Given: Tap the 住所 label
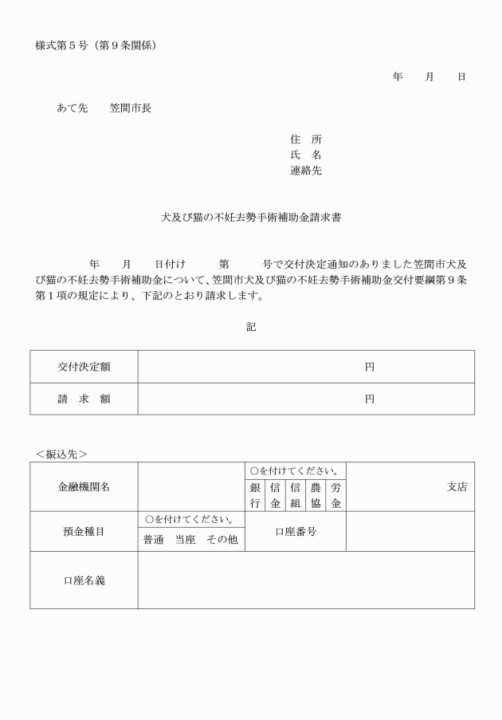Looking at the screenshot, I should click(x=306, y=139).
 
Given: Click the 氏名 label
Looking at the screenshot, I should click(x=306, y=155).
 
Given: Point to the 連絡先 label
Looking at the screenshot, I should click(x=306, y=171).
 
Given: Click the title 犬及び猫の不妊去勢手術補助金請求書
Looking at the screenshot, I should click(x=251, y=216).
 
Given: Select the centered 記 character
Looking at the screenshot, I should click(x=251, y=327).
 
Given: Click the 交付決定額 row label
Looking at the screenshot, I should click(x=84, y=367).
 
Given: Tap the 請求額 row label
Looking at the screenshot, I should click(x=84, y=399).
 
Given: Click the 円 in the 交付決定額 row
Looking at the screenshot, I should click(x=370, y=367).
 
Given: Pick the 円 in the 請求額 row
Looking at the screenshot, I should click(x=370, y=399).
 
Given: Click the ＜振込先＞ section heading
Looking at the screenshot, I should click(x=61, y=454).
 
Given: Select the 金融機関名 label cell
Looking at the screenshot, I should click(x=84, y=486).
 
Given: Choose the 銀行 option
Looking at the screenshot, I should click(x=255, y=495).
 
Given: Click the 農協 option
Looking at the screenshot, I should click(x=316, y=495).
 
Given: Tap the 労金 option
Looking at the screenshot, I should click(x=335, y=495).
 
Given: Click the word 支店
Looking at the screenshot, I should click(x=457, y=486).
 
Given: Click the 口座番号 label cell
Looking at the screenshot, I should click(x=296, y=531).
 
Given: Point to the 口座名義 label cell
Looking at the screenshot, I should click(x=84, y=580).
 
